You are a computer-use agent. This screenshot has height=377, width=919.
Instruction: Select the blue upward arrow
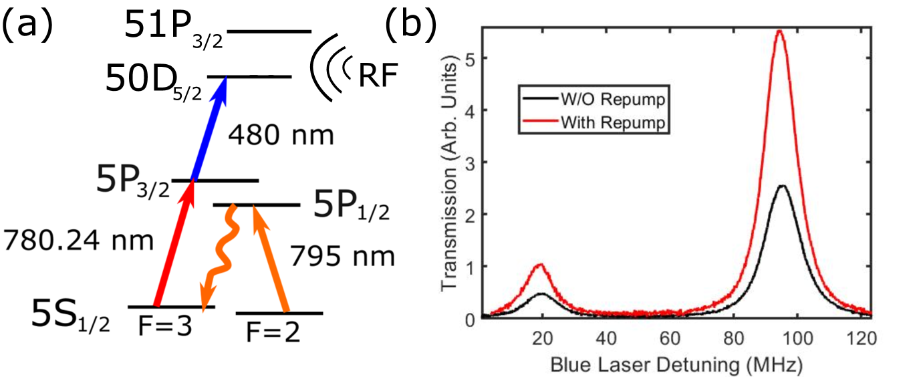[x=209, y=128]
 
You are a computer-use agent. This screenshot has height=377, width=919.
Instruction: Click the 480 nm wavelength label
[x=281, y=136]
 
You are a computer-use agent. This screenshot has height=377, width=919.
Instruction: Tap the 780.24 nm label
[x=78, y=239]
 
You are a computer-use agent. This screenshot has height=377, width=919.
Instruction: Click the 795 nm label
[x=342, y=256]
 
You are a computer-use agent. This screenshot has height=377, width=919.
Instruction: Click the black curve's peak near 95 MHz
[x=782, y=186]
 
